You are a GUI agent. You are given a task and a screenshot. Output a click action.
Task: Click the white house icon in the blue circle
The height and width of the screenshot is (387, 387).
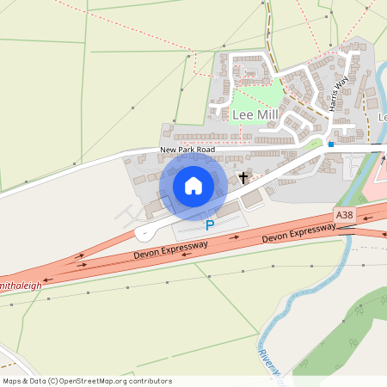click(193, 185)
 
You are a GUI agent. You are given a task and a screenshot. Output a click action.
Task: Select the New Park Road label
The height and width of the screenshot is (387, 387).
click(187, 150)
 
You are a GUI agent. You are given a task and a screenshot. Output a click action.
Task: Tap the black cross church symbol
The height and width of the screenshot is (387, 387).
click(243, 178)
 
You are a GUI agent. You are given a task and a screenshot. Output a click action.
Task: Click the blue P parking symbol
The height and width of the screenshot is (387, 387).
click(209, 225)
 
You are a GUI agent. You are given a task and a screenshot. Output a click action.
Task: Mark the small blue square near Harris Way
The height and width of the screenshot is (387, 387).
click(330, 144)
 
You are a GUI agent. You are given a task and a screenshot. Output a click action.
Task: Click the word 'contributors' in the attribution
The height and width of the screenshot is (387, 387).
click(148, 380)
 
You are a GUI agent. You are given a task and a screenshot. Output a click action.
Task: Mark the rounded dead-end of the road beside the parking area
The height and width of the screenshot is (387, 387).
click(141, 233)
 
